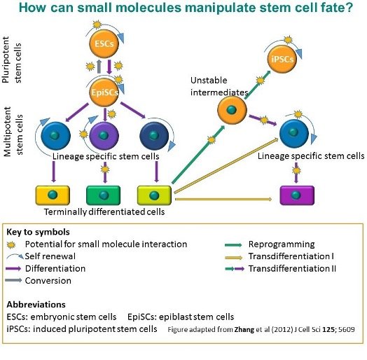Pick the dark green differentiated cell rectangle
coord(104,193)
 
